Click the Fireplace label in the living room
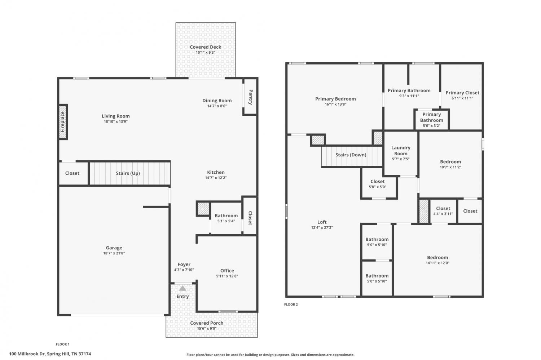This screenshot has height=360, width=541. (62, 121)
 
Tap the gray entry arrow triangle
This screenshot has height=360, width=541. (182, 288)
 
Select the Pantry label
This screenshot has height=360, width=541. (250, 97)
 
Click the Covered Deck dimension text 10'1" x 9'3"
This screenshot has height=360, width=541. (206, 53)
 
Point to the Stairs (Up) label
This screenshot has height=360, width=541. (128, 173)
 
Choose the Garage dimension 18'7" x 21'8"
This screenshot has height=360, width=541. (114, 253)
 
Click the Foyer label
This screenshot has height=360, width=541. (184, 265)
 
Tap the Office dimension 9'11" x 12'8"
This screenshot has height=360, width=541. (227, 276)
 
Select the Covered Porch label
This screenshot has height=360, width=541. (207, 323)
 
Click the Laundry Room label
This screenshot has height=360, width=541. (401, 151)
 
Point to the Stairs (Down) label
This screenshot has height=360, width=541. (351, 155)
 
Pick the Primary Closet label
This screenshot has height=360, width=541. (462, 93)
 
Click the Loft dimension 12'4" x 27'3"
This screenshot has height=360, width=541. (322, 227)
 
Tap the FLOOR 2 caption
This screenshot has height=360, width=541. (291, 305)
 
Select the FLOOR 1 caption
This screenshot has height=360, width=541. (62, 344)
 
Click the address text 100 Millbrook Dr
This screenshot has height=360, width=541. (27, 354)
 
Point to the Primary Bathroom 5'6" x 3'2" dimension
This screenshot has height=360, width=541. (432, 126)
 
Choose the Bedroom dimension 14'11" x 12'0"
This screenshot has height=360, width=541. (437, 263)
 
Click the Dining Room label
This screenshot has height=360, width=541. (217, 101)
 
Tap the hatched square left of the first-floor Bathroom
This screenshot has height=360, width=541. (203, 209)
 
